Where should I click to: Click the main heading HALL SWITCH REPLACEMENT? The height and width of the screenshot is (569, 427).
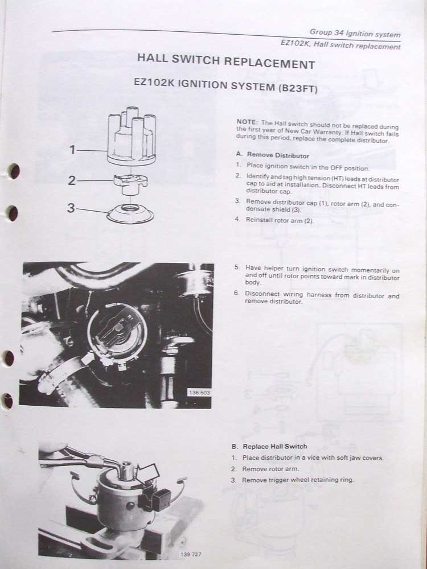pyautogui.click(x=226, y=61)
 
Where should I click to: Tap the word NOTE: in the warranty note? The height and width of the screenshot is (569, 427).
pyautogui.click(x=247, y=122)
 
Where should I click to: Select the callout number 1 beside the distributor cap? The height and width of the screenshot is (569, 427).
pyautogui.click(x=73, y=150)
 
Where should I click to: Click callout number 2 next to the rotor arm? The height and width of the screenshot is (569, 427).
pyautogui.click(x=72, y=180)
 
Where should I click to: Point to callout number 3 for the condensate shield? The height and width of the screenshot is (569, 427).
pyautogui.click(x=71, y=208)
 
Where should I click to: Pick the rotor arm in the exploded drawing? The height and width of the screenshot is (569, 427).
pyautogui.click(x=131, y=184)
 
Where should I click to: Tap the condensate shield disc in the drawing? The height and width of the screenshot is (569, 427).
pyautogui.click(x=130, y=213)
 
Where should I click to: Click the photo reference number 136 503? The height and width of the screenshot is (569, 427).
pyautogui.click(x=199, y=393)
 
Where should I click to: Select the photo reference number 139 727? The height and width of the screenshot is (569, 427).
pyautogui.click(x=190, y=554)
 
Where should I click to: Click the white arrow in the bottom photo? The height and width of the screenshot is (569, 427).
pyautogui.click(x=147, y=474)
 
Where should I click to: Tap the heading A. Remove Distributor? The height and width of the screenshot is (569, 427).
pyautogui.click(x=272, y=155)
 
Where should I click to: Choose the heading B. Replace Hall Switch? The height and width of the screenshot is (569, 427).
pyautogui.click(x=269, y=446)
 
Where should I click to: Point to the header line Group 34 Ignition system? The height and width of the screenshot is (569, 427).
pyautogui.click(x=355, y=34)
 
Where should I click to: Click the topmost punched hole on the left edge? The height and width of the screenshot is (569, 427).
pyautogui.click(x=14, y=171)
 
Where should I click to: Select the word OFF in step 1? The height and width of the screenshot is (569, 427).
pyautogui.click(x=336, y=168)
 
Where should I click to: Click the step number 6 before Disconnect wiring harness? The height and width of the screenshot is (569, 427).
pyautogui.click(x=236, y=293)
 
